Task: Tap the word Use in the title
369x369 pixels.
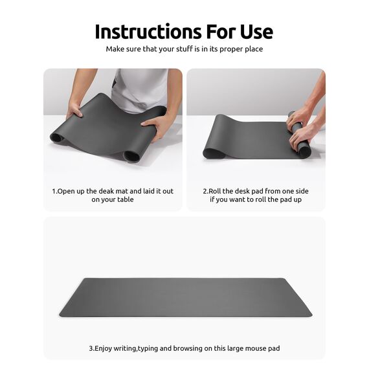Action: pyautogui.click(x=254, y=31)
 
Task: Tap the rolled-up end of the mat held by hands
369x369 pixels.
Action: pyautogui.click(x=300, y=137)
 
